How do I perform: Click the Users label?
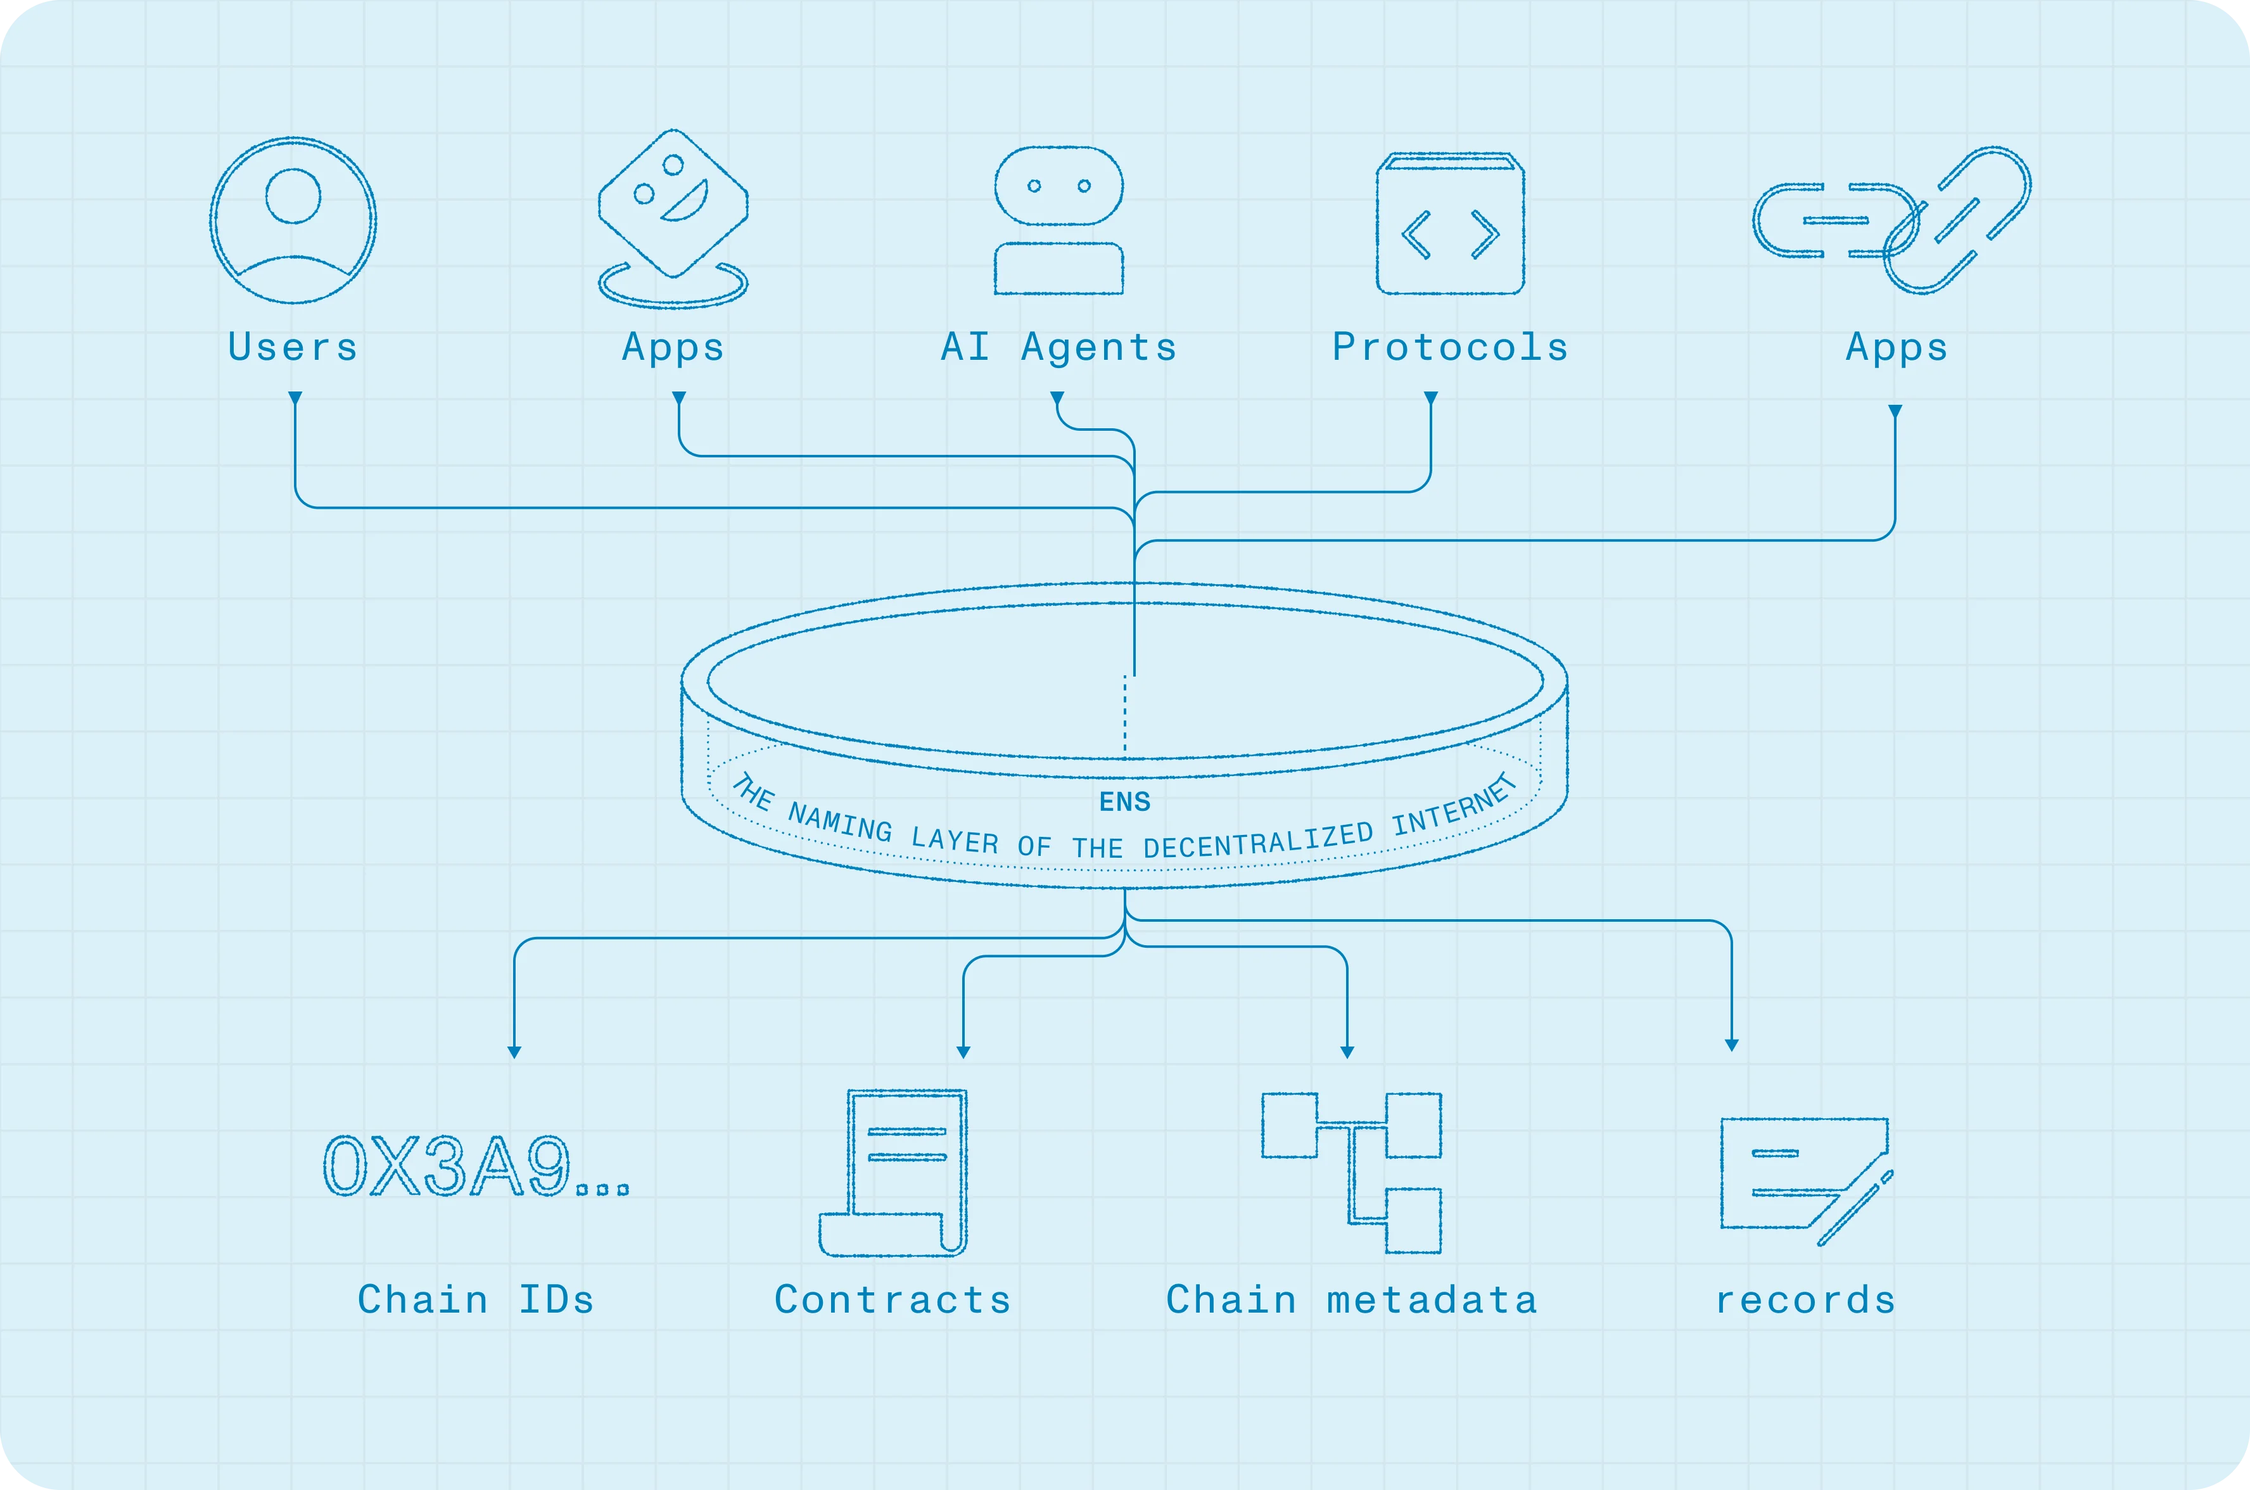pos(293,348)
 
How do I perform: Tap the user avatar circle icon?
pos(293,220)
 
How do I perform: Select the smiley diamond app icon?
pos(673,204)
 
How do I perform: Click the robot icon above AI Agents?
pos(1058,220)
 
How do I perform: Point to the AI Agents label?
pos(1058,348)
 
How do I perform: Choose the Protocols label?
pos(1450,348)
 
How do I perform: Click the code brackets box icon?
pos(1450,224)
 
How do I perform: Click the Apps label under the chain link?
pos(1897,348)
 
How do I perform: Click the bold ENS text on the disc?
pos(1125,802)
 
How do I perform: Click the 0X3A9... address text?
pos(475,1167)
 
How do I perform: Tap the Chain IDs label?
pos(475,1300)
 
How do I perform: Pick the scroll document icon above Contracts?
pos(893,1173)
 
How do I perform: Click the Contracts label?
pos(893,1300)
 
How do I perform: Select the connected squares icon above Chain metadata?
pos(1351,1173)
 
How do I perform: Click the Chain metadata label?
pos(1351,1300)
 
